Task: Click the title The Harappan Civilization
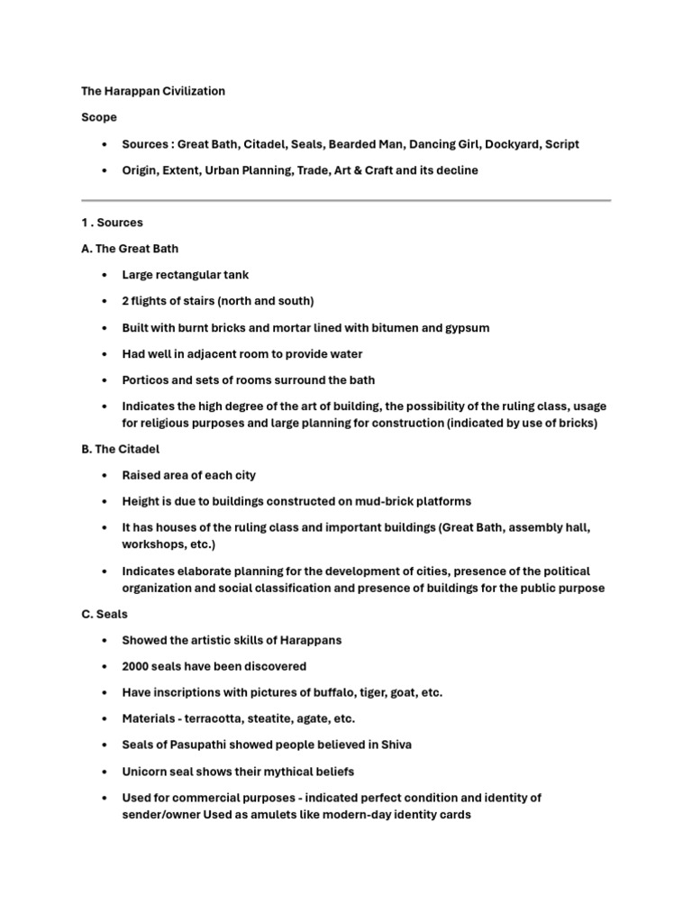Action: click(153, 91)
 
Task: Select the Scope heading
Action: click(98, 117)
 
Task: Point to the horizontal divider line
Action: click(346, 200)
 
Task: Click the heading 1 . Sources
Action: click(112, 222)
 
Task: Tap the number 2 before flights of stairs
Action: click(126, 301)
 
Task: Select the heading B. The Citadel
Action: click(121, 448)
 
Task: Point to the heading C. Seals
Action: click(105, 614)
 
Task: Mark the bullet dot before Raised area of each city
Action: click(105, 475)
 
